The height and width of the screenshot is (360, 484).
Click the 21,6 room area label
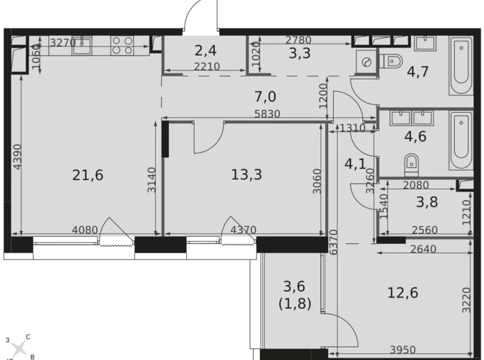click(x=87, y=176)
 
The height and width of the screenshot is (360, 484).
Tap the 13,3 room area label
click(x=246, y=175)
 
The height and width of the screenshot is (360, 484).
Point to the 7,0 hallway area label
click(x=265, y=96)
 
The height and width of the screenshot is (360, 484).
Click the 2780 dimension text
click(x=298, y=41)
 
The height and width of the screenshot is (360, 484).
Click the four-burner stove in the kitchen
click(x=122, y=45)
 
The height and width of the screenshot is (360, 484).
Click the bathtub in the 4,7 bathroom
click(x=460, y=66)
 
